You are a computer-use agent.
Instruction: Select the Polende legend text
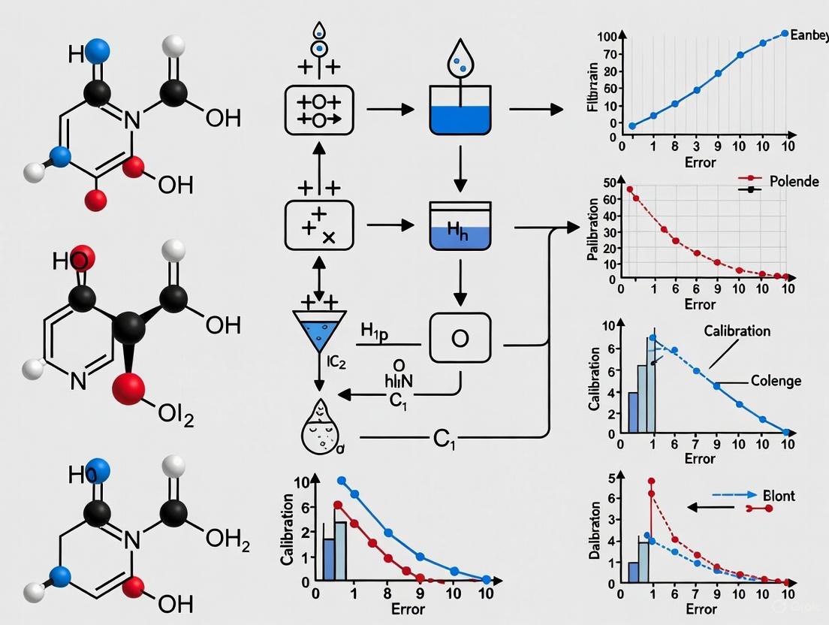click(x=794, y=181)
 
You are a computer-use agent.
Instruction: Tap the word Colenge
click(x=776, y=381)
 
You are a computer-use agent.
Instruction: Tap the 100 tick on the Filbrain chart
click(x=607, y=37)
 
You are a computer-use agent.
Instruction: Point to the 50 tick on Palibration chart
click(x=609, y=183)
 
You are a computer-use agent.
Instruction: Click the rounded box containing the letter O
click(x=460, y=339)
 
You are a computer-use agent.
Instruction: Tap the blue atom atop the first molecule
click(x=98, y=51)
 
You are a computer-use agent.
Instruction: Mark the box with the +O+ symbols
click(x=319, y=110)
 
